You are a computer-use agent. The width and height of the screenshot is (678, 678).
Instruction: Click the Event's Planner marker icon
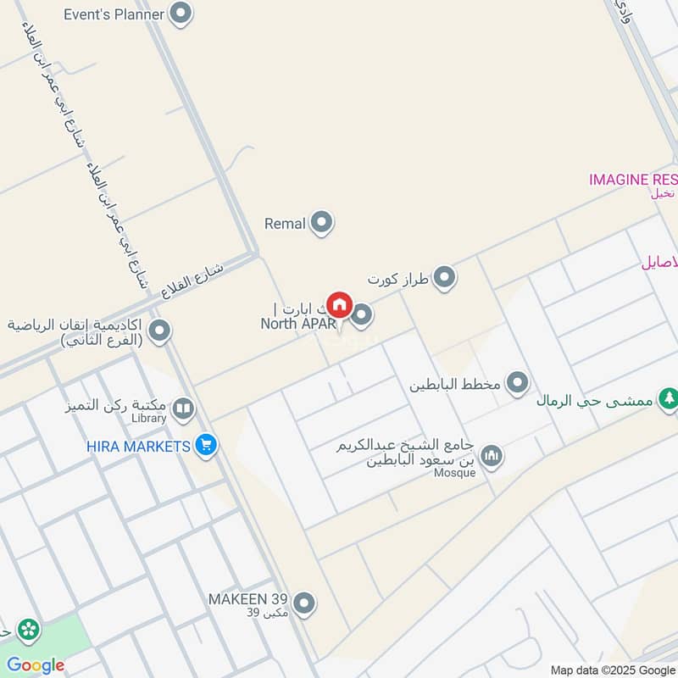(180, 14)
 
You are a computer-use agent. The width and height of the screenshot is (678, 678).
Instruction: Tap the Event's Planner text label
(114, 14)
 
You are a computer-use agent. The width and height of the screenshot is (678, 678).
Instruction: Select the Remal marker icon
(321, 223)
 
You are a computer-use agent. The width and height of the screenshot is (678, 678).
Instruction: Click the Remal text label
(285, 224)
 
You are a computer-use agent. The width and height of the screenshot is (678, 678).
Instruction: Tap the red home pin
(339, 305)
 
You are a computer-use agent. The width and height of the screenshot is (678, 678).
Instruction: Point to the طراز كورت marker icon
(444, 277)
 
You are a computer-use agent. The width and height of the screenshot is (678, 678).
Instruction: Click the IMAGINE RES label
(633, 180)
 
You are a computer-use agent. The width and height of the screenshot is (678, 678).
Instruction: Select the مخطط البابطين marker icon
(518, 384)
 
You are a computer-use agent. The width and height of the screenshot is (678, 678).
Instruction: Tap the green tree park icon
(669, 397)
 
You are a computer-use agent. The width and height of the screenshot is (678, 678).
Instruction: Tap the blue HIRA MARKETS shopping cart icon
(204, 444)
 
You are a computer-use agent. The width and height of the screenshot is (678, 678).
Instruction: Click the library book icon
(182, 410)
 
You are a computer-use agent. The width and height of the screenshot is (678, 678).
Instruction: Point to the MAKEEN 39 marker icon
(304, 603)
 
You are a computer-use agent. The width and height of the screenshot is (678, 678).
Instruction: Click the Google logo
(36, 665)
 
